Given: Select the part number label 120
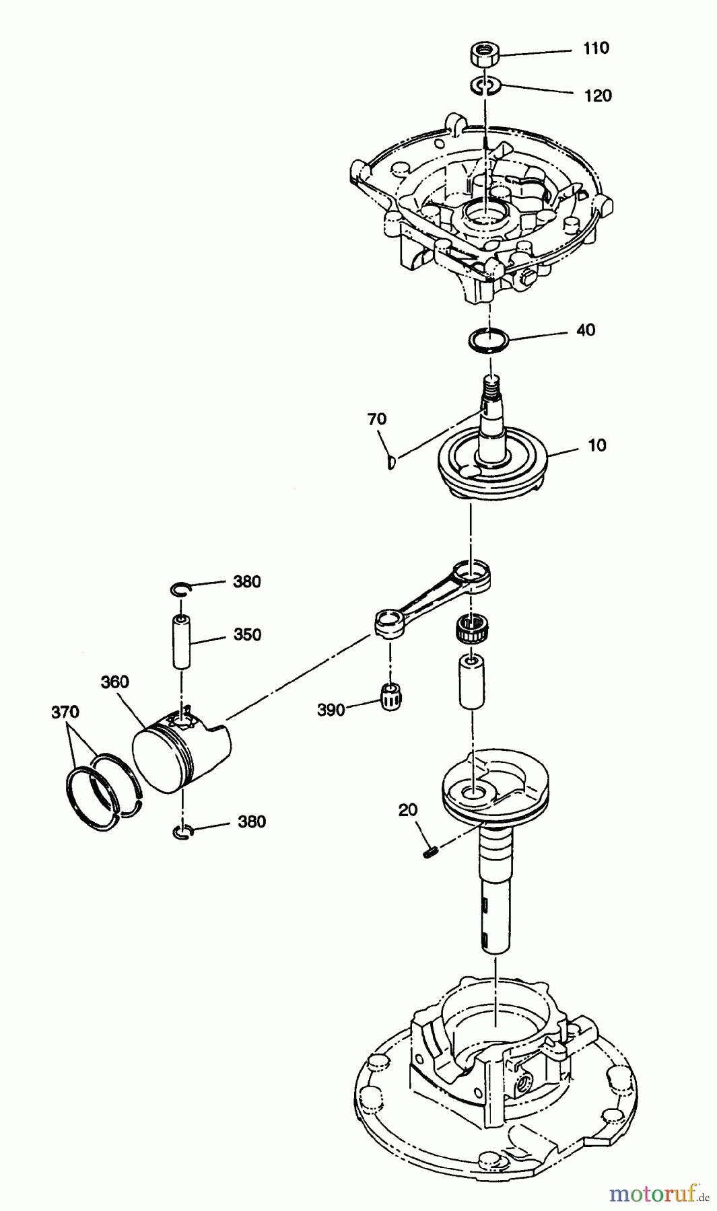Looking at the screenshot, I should pos(598,96).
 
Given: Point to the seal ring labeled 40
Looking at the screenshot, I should pos(489,339).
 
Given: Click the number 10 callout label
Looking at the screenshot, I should pos(596,445).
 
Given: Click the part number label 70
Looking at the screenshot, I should pos(376,419).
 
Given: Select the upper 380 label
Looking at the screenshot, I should pos(246,581).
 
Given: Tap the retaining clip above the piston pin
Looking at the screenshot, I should pos(180,590).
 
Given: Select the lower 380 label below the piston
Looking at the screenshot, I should pos(251,821).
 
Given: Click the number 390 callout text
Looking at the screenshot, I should pos(331,709).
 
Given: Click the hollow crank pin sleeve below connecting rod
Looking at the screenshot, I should pos(471,683).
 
